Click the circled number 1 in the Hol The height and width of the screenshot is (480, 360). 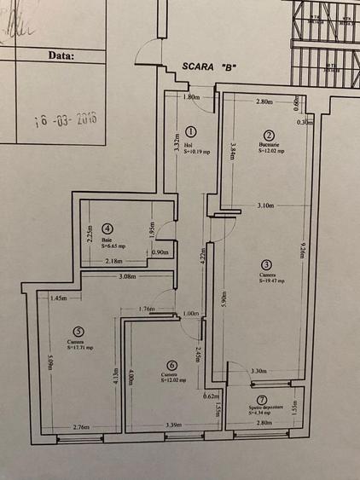(x=190, y=132)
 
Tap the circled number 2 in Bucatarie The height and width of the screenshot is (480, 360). (x=268, y=136)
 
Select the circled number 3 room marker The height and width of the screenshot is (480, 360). (x=266, y=264)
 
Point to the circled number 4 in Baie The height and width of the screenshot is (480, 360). (x=107, y=228)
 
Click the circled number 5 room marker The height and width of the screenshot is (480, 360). (x=78, y=332)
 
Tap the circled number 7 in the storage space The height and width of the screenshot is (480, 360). (x=262, y=400)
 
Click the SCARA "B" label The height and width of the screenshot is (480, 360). (x=209, y=66)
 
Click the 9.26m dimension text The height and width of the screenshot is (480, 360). (x=303, y=256)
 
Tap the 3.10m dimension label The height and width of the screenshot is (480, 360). (x=265, y=205)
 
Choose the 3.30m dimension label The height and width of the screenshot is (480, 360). (x=260, y=371)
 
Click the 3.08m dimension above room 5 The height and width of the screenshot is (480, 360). (x=128, y=277)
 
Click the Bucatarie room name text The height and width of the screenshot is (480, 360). (x=270, y=145)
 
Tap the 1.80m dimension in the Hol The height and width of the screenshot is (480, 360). (x=192, y=97)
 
